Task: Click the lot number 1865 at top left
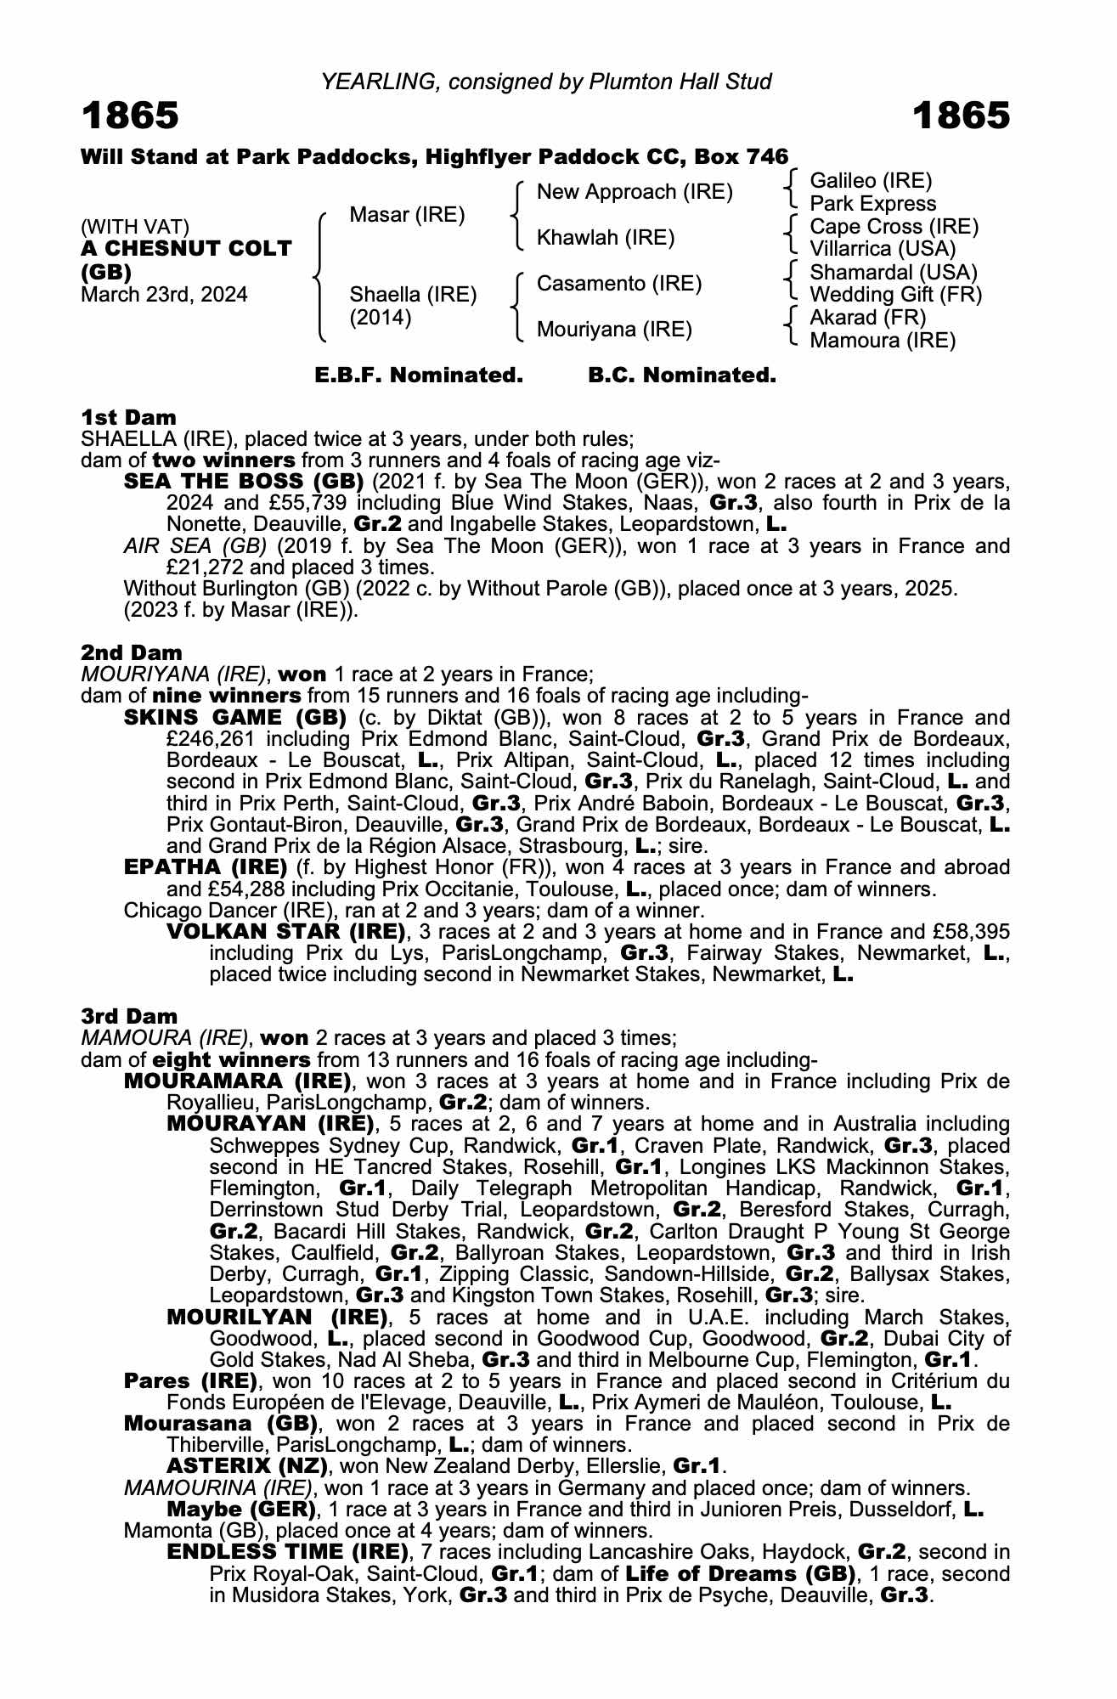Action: pos(130,116)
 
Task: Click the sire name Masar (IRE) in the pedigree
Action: pos(407,215)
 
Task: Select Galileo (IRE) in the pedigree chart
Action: pos(871,181)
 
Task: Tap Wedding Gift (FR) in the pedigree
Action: pos(895,295)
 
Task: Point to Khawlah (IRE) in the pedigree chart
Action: pos(606,238)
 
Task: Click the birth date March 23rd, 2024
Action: pos(164,295)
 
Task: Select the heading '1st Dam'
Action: pos(128,417)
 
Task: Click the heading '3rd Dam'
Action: pos(129,1016)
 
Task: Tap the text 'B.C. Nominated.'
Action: pos(682,375)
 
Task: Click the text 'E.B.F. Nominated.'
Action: pos(419,375)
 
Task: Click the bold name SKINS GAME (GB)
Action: pos(235,718)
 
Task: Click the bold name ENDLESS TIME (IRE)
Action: pos(283,1552)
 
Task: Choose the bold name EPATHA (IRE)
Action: pos(206,867)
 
